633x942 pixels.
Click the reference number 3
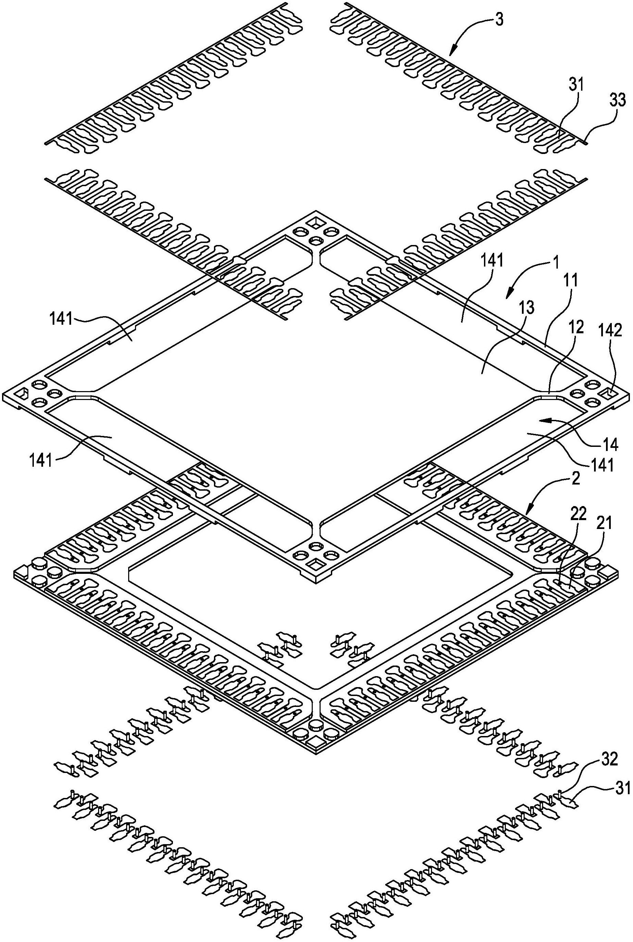[x=499, y=20]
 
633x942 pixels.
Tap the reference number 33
[x=617, y=100]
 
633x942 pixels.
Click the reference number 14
[x=611, y=445]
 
